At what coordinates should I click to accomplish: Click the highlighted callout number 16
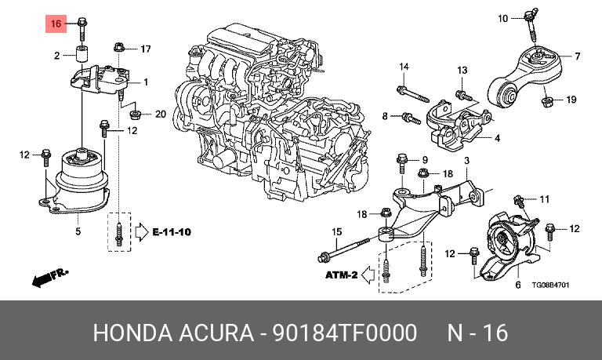coord(56,24)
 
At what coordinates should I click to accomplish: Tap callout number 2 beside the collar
coord(56,56)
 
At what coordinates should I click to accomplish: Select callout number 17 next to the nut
coord(145,50)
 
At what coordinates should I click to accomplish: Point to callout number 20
coord(161,115)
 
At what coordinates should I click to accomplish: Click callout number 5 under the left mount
coord(78,231)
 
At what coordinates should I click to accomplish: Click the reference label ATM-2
coord(342,275)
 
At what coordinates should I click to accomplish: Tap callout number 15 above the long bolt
coord(337,231)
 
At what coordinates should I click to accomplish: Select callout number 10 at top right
coord(503,16)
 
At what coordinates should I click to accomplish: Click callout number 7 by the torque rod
coord(576,56)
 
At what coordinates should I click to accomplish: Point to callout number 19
coord(571,100)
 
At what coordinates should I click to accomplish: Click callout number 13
coord(462,71)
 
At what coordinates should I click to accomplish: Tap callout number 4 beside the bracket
coord(497,138)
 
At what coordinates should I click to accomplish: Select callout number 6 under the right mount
coord(517,285)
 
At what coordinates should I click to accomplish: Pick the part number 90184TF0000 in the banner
coord(344,333)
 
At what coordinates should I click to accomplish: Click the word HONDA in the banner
coord(129,333)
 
